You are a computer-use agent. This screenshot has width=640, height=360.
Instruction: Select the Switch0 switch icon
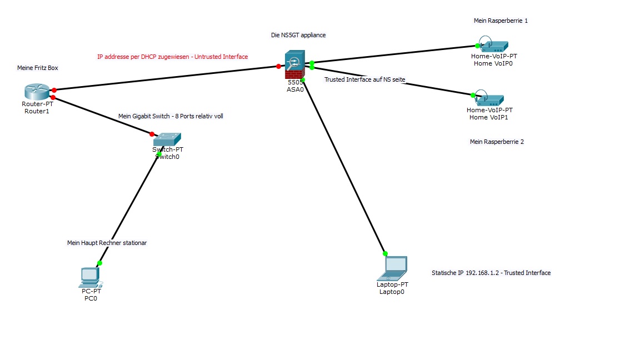(x=167, y=139)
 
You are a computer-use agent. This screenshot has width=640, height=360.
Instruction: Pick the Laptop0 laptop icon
(x=393, y=268)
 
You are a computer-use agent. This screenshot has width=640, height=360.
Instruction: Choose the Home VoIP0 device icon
(x=492, y=46)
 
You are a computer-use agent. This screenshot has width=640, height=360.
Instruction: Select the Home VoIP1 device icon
(x=488, y=99)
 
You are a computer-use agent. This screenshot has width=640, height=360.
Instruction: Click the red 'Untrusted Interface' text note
(x=172, y=57)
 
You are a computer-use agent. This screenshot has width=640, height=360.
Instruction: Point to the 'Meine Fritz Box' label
(x=37, y=68)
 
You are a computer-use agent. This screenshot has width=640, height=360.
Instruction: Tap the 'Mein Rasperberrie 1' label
(x=501, y=21)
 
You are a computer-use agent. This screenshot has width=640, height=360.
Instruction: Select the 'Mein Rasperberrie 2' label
(x=497, y=142)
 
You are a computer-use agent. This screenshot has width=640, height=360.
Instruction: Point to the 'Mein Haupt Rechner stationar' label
(x=107, y=243)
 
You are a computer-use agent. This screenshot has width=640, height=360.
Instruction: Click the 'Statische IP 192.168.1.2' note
(x=491, y=273)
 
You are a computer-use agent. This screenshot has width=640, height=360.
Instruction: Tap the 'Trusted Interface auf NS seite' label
(x=364, y=79)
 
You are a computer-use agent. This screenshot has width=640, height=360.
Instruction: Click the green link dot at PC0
(x=100, y=263)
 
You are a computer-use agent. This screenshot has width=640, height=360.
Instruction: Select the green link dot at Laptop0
(x=385, y=253)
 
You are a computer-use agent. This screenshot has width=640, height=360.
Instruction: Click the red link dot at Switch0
(x=152, y=134)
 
